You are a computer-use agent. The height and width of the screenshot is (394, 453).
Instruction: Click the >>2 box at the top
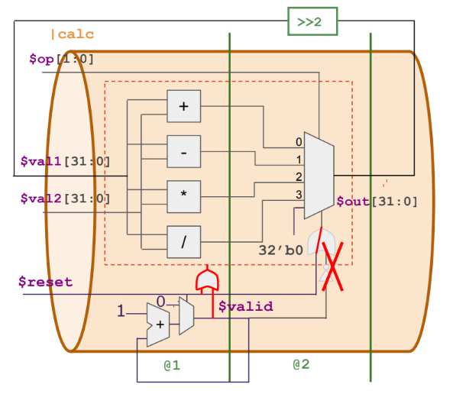point(312,21)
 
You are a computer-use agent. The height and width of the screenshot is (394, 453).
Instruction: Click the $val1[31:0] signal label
point(65,161)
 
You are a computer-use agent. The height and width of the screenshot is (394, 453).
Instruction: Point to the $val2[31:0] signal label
point(65,199)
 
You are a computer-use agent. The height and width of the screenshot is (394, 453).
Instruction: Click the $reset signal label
point(45,282)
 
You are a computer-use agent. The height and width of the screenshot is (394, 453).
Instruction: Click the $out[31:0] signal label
point(377,202)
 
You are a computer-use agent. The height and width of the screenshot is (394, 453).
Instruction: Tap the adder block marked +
point(183,106)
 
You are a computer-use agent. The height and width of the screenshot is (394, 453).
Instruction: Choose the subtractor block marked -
point(183,151)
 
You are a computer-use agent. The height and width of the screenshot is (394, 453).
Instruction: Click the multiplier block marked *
point(183,195)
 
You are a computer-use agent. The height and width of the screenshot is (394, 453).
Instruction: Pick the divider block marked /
point(183,241)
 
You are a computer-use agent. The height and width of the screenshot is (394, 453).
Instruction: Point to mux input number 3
point(299,195)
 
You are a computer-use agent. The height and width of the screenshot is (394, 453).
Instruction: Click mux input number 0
point(299,143)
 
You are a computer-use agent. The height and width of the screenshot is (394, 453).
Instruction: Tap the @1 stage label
point(172,365)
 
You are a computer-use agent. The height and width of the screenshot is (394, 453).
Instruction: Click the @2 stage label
point(302,364)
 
